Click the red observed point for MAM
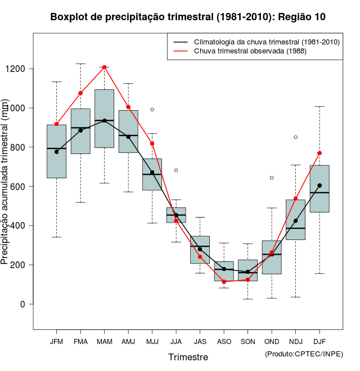coord(105,67)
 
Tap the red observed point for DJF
coord(319,153)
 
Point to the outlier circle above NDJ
coord(296,137)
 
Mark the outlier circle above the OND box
coord(272,178)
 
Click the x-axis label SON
coord(248,342)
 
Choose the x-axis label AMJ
coord(128,342)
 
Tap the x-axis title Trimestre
coord(188,357)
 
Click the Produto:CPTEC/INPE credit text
coord(304,353)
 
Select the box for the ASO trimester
coord(224,271)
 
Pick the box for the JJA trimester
coord(176,215)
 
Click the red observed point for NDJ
coord(296,198)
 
